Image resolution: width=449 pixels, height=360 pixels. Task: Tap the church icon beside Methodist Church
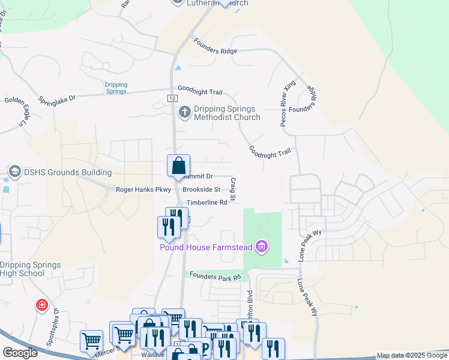[x=185, y=111]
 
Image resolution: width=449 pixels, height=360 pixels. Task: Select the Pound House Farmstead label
[x=205, y=247]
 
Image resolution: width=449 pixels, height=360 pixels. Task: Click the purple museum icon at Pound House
[x=261, y=246]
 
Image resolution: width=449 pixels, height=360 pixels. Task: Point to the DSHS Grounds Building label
[x=60, y=173]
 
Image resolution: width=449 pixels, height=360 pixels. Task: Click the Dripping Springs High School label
[x=30, y=269]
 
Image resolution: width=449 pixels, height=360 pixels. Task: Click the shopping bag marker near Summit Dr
[x=178, y=166]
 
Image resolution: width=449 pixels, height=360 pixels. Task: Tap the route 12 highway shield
[x=172, y=98]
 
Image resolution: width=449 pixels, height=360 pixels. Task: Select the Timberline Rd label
[x=206, y=203]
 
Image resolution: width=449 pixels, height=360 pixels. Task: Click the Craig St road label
[x=233, y=188]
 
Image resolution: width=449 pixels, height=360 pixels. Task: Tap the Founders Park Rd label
[x=215, y=277]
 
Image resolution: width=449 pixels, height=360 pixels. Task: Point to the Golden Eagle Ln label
[x=16, y=112]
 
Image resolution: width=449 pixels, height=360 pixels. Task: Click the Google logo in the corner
[x=20, y=353]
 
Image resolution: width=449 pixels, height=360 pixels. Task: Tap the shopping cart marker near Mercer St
[x=91, y=340]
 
